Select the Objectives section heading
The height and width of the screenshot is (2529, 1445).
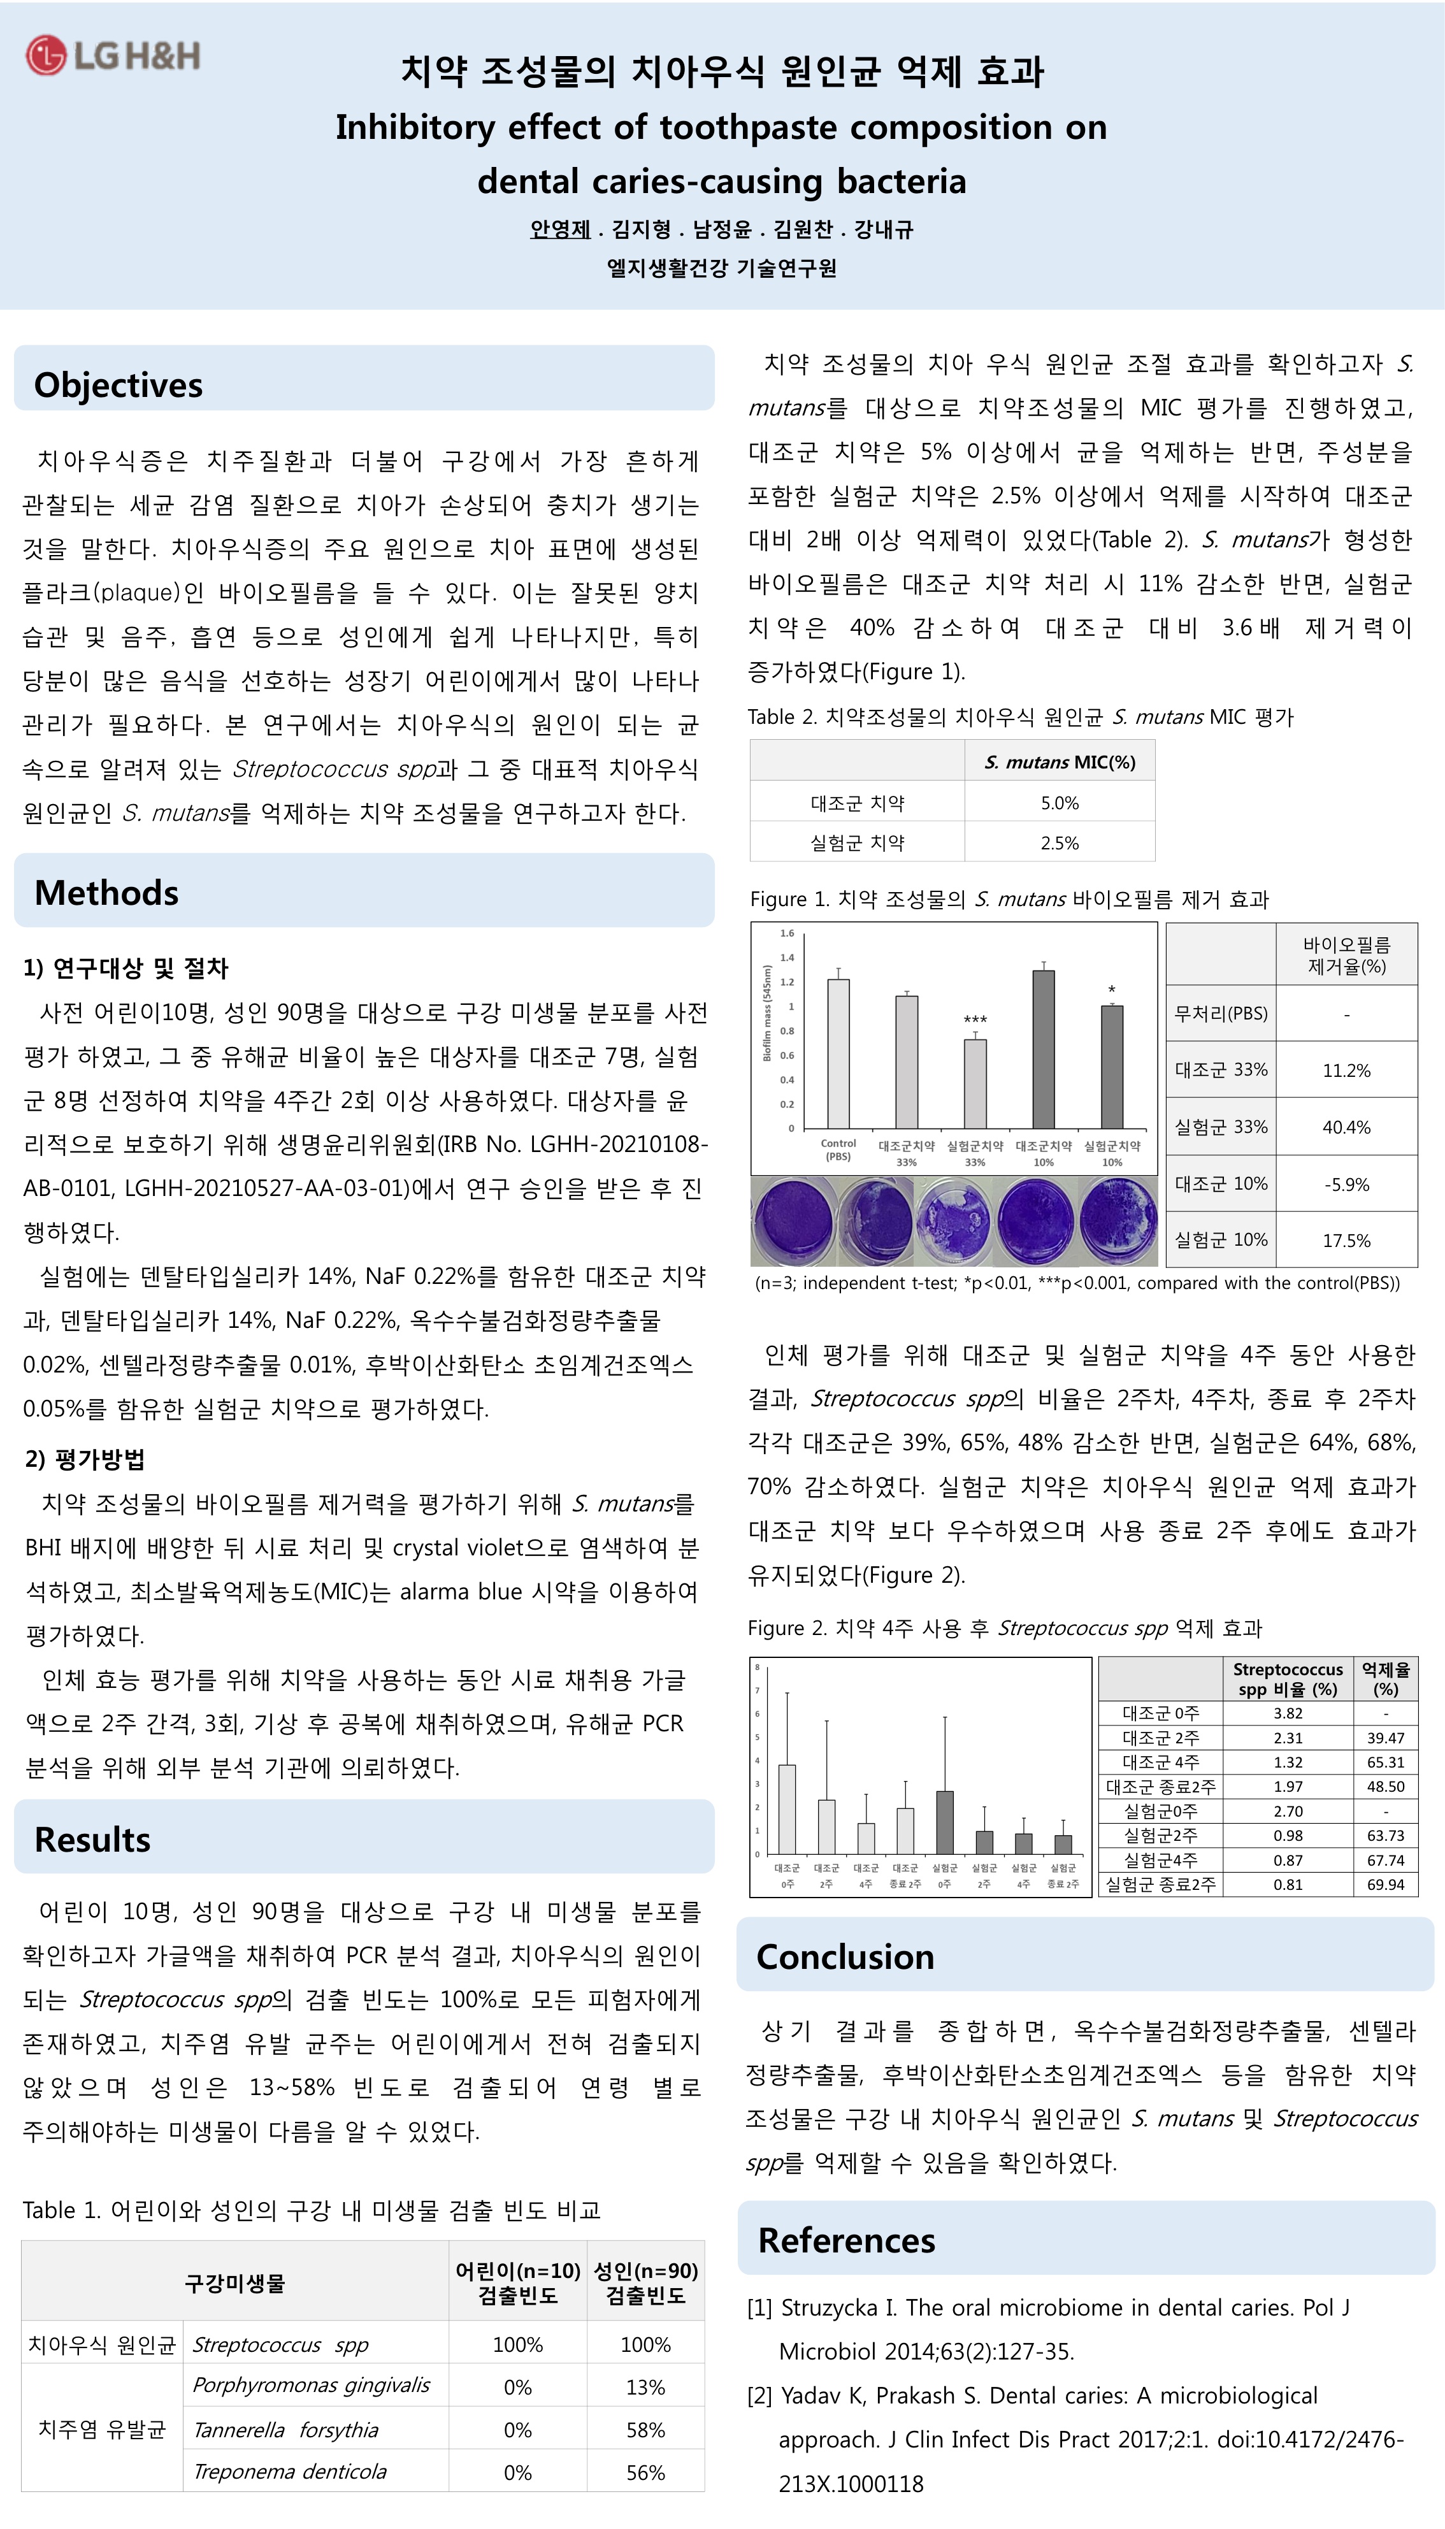pos(118,384)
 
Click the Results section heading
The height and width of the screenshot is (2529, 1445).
pos(92,1839)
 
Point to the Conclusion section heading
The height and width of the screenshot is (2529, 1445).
pos(845,1956)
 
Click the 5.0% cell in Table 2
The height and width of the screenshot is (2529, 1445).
pos(1059,803)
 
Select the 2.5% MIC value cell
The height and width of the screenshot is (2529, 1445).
pos(1059,842)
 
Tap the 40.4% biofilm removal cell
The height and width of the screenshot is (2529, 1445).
pos(1346,1128)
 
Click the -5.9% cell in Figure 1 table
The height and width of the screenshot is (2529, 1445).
pos(1346,1184)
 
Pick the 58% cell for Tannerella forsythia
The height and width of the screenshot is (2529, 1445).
pos(645,2430)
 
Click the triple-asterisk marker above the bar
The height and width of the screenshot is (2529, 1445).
pos(975,1020)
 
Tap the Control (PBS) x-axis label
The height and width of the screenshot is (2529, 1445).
pos(838,1149)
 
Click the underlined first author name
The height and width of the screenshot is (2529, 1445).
pos(560,229)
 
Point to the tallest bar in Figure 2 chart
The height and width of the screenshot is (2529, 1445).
pos(787,1808)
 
